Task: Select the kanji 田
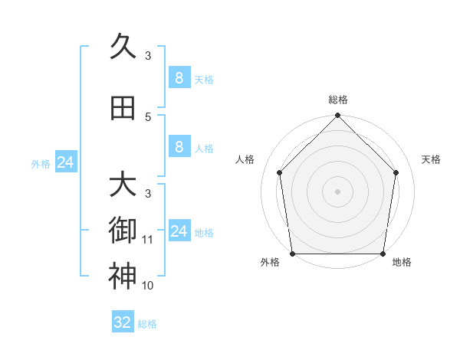click(123, 109)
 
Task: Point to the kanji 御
click(123, 229)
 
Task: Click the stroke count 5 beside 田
click(148, 116)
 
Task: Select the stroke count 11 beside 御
click(148, 240)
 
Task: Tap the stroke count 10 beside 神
click(148, 286)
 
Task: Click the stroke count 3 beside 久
click(148, 55)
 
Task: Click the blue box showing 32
click(123, 322)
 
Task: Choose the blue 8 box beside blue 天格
click(179, 78)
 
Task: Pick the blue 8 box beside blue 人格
click(179, 147)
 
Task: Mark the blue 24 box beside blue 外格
click(66, 162)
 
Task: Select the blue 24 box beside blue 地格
click(179, 231)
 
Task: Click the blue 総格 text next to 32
click(147, 324)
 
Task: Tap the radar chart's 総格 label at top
click(338, 100)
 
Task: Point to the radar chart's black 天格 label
click(432, 159)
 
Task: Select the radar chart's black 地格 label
click(402, 263)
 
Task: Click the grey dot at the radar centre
click(338, 191)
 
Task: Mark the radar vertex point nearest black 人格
click(280, 172)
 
